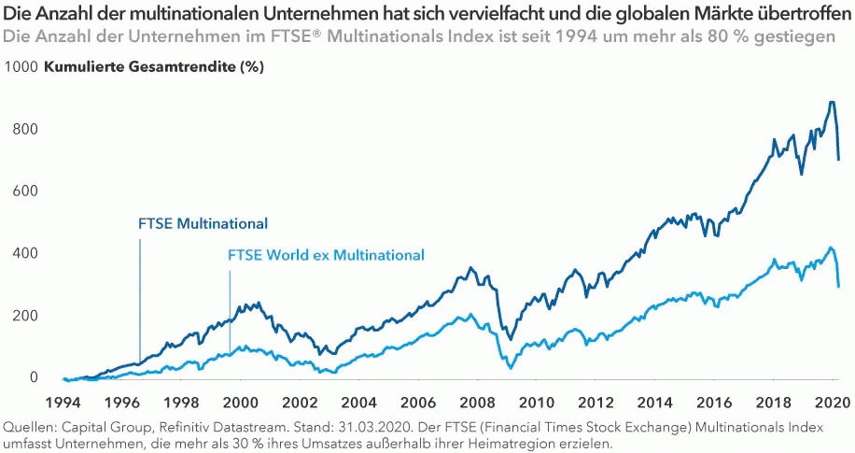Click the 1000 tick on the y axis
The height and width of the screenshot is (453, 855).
21,67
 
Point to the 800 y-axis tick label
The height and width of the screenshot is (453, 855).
26,129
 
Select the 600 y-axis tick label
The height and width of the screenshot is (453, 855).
26,191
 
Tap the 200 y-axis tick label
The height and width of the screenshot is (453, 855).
26,315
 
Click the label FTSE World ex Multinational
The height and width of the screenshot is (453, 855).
326,255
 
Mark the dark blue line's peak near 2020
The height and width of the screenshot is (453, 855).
830,103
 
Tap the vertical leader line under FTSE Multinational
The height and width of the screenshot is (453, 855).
140,299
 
